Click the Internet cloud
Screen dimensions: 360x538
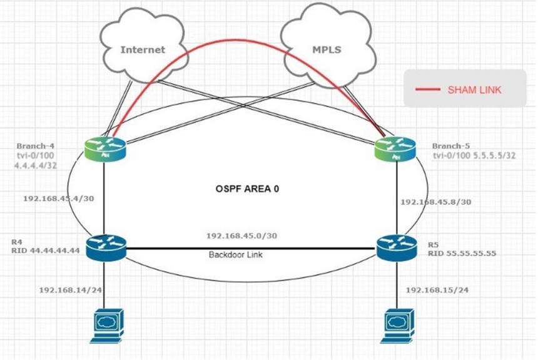coord(142,48)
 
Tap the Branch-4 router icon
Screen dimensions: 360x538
coord(105,148)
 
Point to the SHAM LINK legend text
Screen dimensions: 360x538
coord(474,90)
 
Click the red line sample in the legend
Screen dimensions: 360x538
coord(428,90)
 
